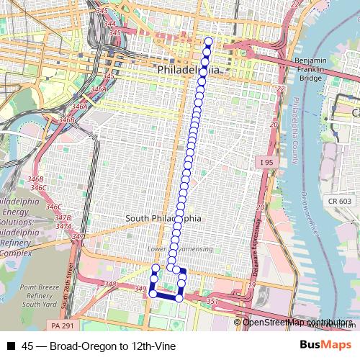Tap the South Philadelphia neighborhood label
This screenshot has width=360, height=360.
point(163,218)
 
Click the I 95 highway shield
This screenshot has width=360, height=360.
point(266,163)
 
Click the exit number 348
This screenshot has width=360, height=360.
point(109,285)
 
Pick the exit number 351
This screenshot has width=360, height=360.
point(212,301)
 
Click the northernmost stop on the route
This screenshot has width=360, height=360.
point(209,40)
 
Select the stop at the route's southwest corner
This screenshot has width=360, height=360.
point(152,293)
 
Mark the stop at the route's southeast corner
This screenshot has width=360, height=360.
point(179,297)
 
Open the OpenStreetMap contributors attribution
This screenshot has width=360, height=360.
point(298,323)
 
